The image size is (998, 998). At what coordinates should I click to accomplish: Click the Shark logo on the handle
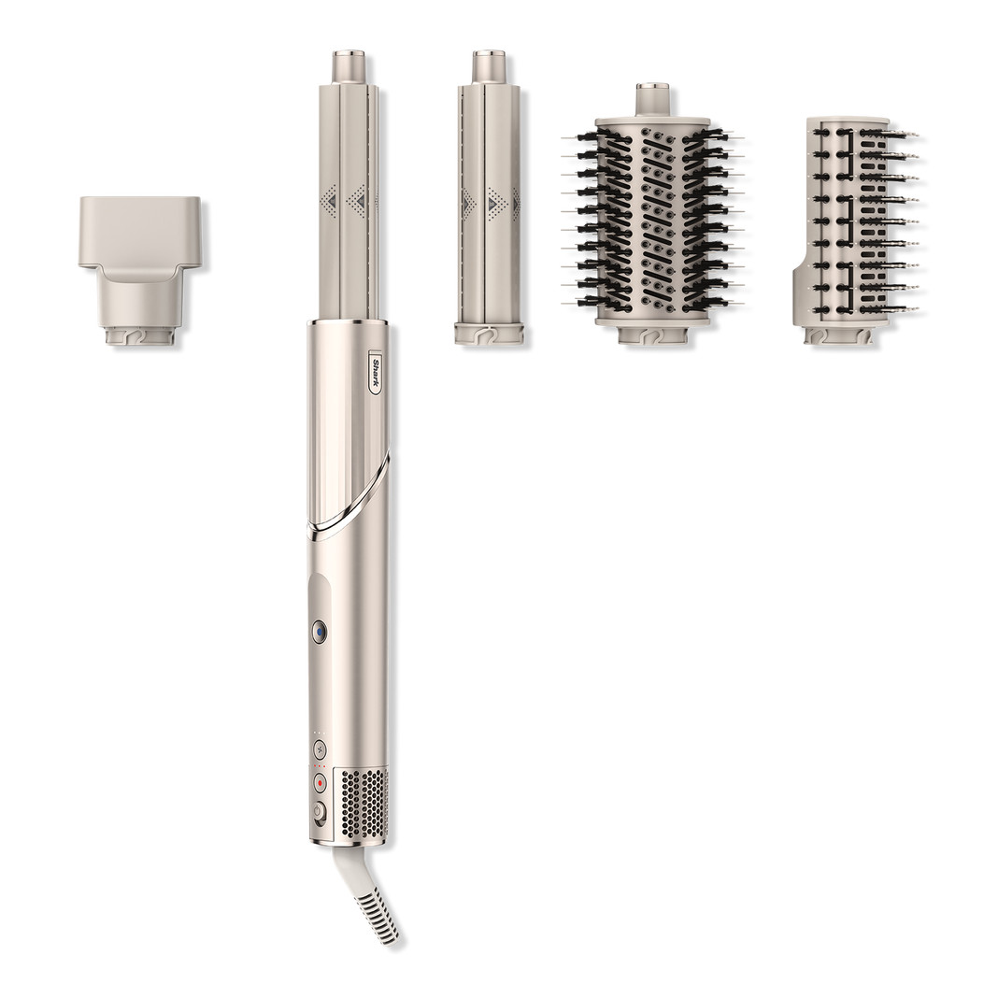tap(375, 372)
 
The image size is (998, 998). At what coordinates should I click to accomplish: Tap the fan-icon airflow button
tap(320, 748)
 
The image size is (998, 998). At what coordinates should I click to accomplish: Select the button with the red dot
tap(320, 782)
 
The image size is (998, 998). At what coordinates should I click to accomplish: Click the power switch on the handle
tap(320, 812)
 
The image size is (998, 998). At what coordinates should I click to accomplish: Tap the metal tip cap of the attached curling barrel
tap(348, 66)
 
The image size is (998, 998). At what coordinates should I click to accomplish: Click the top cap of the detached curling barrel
tap(488, 66)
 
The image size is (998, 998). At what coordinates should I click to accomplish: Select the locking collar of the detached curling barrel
tap(489, 334)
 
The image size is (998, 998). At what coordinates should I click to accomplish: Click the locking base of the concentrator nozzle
tap(140, 335)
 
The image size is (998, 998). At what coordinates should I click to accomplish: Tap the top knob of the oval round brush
tap(652, 99)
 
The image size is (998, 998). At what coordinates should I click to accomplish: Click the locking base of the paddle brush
tap(839, 335)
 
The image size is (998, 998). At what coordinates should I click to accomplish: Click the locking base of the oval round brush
tap(652, 334)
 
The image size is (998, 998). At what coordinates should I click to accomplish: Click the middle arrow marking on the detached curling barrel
tap(492, 203)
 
